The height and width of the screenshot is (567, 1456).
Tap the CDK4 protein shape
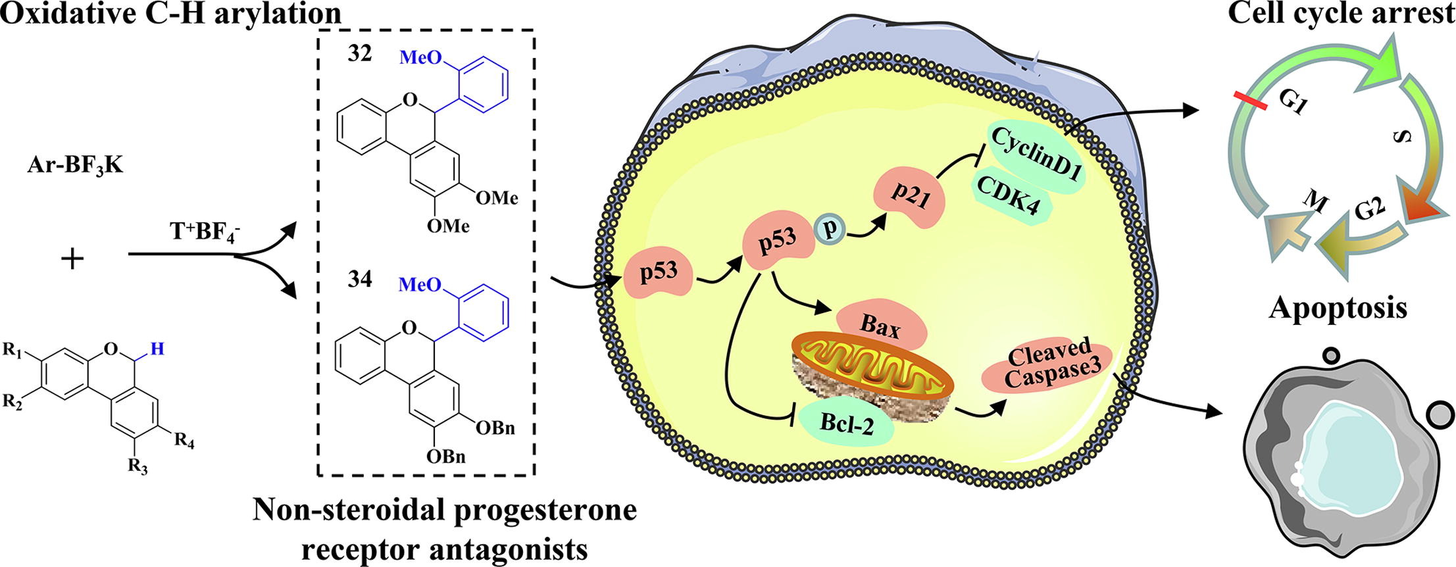click(1012, 196)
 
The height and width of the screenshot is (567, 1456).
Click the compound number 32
click(360, 53)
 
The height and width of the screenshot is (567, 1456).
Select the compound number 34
click(360, 280)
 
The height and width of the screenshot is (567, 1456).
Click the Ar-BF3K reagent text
click(75, 166)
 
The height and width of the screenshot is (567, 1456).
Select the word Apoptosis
click(1338, 307)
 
